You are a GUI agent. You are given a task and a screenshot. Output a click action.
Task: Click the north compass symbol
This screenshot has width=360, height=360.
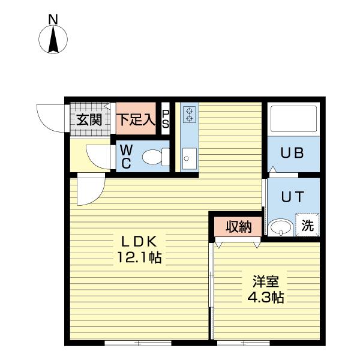click(53, 40)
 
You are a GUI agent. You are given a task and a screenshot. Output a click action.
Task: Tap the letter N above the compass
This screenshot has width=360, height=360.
click(53, 19)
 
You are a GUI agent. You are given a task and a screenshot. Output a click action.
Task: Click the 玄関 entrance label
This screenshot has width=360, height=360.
click(88, 119)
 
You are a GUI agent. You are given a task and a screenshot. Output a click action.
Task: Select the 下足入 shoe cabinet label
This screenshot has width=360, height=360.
click(136, 119)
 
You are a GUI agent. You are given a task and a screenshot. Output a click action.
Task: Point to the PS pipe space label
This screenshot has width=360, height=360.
click(166, 119)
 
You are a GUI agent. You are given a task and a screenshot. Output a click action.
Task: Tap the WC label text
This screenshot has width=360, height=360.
click(127, 157)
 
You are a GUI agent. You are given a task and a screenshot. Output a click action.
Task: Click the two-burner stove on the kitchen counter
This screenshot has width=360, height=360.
click(190, 114)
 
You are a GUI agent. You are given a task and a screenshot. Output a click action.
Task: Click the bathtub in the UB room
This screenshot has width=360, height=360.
click(293, 119)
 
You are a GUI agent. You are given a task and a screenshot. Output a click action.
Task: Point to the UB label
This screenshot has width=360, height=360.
click(293, 153)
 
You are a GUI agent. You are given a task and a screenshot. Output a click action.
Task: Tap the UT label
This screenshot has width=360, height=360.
click(293, 196)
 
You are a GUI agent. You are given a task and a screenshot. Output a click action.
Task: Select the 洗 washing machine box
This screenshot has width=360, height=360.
click(307, 226)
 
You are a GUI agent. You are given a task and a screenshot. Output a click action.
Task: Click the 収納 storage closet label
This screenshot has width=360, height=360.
click(238, 226)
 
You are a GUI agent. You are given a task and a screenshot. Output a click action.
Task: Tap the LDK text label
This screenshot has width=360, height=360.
click(139, 242)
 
